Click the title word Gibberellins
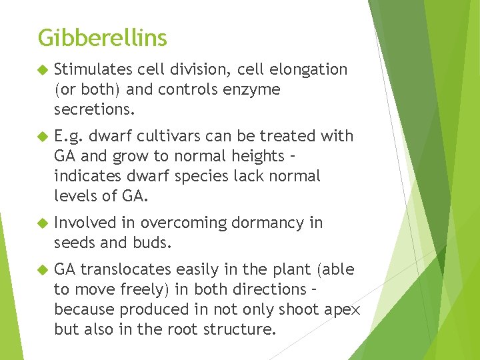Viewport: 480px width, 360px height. tap(102, 38)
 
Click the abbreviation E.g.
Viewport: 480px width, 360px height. tap(68, 136)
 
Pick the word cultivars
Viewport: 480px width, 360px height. tap(170, 136)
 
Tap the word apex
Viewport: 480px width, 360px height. tap(344, 309)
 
